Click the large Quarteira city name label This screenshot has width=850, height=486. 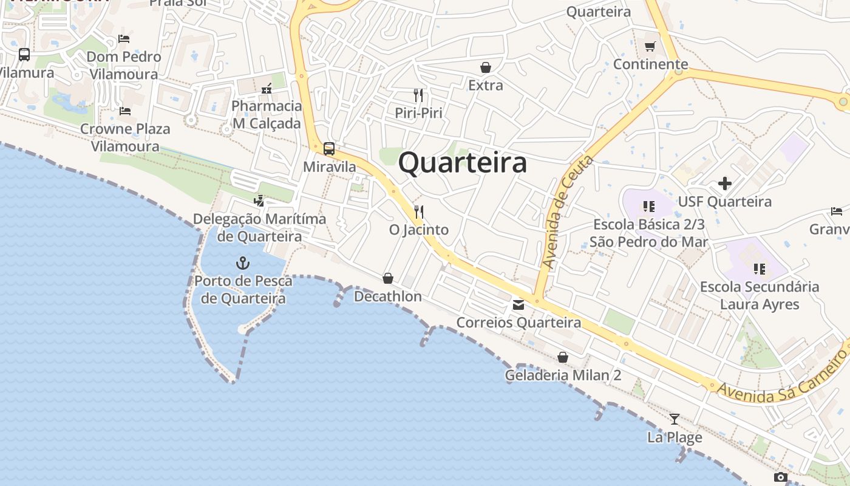[x=462, y=163]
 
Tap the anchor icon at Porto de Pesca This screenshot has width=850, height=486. [x=243, y=263]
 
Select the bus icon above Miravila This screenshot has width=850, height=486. [x=329, y=148]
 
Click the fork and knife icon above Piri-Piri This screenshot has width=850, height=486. [x=418, y=95]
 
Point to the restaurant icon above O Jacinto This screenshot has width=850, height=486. [x=418, y=212]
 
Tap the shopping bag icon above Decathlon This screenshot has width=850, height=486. [x=388, y=278]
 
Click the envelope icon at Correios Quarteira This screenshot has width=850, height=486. [x=518, y=305]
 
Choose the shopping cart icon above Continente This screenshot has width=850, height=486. [x=650, y=46]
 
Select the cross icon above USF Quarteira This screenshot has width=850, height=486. [x=724, y=183]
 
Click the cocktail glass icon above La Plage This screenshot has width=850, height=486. [x=674, y=419]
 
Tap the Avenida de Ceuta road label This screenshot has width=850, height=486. [x=567, y=213]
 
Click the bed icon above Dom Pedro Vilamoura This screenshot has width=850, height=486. [x=124, y=39]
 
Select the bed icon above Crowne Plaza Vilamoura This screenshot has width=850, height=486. [x=125, y=111]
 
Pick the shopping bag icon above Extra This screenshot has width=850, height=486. [x=486, y=67]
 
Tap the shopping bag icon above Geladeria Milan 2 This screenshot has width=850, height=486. [x=563, y=357]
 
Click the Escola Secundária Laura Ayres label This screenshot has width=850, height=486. [x=760, y=295]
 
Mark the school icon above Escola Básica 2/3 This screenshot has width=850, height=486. [x=648, y=207]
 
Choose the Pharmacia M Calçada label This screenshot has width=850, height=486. [x=267, y=115]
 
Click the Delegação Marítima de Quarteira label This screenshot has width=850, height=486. [x=259, y=227]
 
